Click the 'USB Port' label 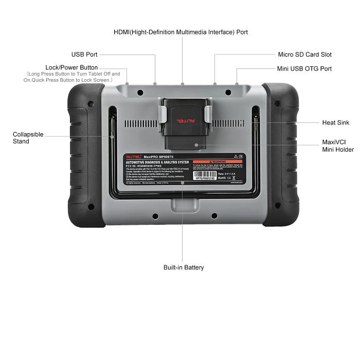pos(84,55)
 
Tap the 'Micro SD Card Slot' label pos(304,55)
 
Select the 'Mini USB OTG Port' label pos(304,69)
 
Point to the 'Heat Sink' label pos(336,123)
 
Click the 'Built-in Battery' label pos(184,267)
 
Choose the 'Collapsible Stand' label pos(28,138)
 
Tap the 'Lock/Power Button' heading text pos(71,67)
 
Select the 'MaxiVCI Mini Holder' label pos(337,146)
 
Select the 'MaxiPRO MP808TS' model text pos(161,156)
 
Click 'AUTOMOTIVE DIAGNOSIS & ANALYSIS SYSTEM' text pos(159,162)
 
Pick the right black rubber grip pos(281,154)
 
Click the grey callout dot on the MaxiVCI pos(196,145)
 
